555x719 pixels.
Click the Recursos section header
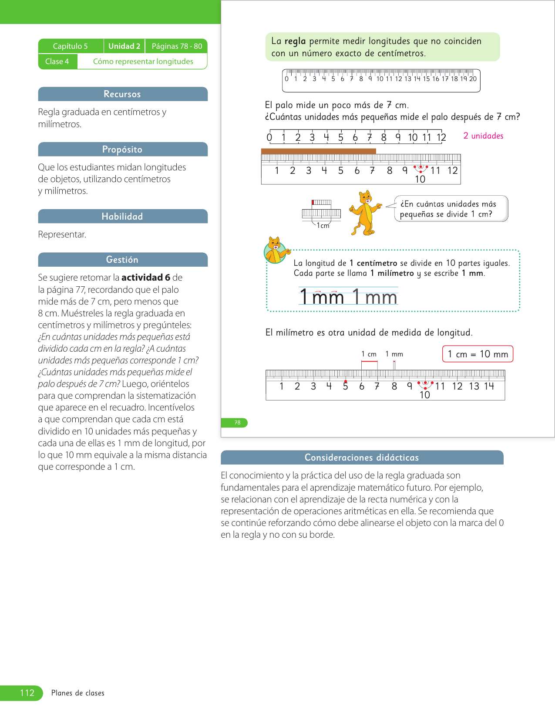tap(123, 94)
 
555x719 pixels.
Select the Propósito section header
tap(123, 149)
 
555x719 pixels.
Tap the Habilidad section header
tap(123, 217)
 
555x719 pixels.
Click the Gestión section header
tap(123, 259)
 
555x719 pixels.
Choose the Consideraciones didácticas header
tap(362, 457)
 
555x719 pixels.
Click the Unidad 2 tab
tap(124, 46)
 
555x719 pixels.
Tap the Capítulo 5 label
tap(71, 46)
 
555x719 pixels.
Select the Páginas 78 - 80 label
tap(177, 46)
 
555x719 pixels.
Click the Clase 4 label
tap(57, 61)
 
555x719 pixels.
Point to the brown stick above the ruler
tap(318, 151)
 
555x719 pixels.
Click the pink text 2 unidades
tap(483, 136)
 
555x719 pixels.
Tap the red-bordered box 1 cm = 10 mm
tap(478, 354)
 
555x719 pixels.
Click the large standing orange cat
tap(365, 213)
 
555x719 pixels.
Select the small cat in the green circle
tap(276, 250)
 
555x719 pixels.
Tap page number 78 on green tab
tap(237, 423)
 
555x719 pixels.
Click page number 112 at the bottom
tap(27, 692)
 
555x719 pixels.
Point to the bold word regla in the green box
tap(295, 41)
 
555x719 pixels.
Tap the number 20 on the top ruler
tap(473, 79)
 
